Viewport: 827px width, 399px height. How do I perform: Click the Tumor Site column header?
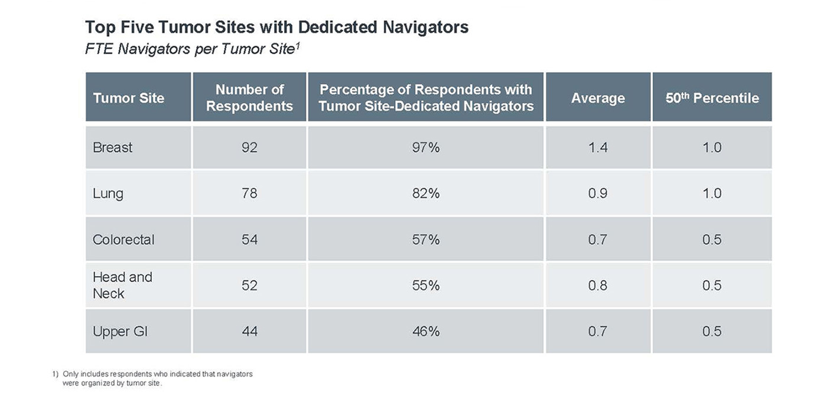128,98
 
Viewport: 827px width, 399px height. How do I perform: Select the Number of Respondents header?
249,98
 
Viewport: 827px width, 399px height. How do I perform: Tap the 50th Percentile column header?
712,98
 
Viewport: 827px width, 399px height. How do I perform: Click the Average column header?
598,98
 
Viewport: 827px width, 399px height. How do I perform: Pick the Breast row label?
113,148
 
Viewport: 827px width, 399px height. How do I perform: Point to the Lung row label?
108,194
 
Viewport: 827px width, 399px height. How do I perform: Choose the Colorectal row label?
123,240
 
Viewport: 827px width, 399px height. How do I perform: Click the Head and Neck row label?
122,285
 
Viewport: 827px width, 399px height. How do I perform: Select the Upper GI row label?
120,332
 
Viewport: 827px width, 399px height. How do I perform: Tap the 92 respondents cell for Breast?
249,148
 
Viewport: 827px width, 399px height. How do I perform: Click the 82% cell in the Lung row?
425,194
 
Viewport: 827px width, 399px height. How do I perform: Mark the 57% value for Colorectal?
425,240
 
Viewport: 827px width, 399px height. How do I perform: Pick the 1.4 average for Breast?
598,148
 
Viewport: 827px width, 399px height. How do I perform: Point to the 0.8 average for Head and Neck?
598,286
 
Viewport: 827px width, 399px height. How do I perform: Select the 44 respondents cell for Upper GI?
249,332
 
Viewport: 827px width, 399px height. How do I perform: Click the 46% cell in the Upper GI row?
425,332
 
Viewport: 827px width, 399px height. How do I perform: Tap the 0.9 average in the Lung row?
598,194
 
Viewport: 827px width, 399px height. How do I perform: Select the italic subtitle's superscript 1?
298,45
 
